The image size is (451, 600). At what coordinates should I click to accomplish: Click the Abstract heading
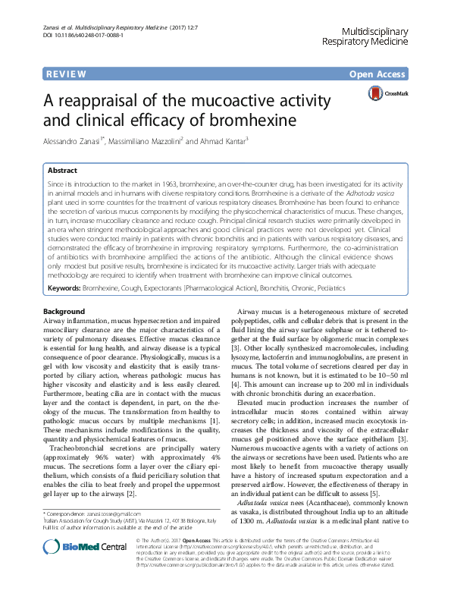tap(62, 171)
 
